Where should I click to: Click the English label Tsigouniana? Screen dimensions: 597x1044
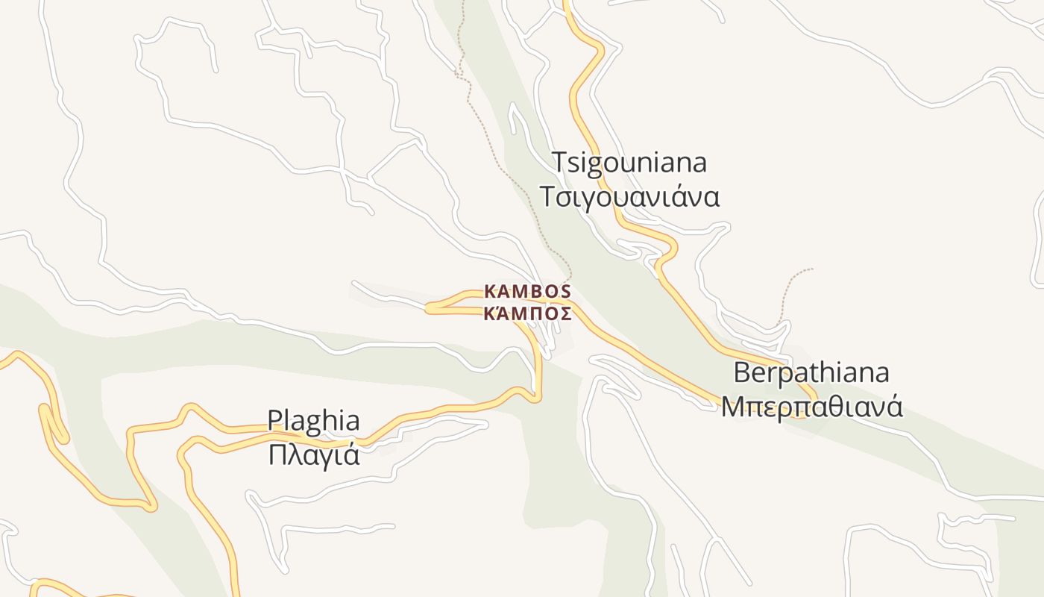click(x=629, y=163)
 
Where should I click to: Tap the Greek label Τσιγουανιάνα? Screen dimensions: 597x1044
click(x=629, y=197)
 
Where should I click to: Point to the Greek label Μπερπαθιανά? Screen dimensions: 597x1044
click(x=811, y=407)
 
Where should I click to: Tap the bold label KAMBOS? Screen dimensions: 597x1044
click(x=527, y=291)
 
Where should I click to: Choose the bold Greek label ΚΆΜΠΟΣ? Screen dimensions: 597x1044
click(x=527, y=313)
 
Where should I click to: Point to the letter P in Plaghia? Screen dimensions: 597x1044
click(x=275, y=421)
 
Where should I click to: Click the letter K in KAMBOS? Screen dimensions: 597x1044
click(x=489, y=291)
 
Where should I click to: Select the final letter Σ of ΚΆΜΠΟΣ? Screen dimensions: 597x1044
click(x=567, y=313)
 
